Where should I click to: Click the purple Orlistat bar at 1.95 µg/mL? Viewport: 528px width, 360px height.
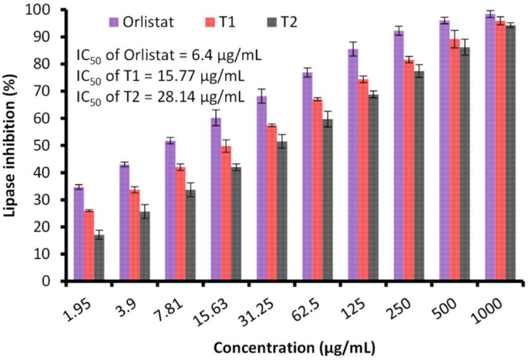79,234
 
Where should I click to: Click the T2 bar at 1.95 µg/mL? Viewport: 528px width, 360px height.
99,257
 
